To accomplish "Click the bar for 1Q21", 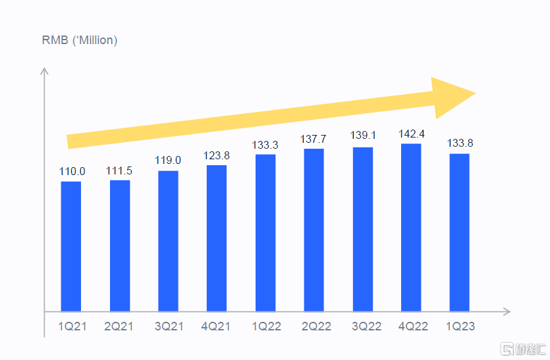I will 71,246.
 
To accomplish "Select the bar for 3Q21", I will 168,241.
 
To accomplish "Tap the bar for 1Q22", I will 265,232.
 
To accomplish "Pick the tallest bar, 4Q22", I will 411,227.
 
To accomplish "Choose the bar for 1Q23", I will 459,232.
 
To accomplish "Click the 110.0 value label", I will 72,172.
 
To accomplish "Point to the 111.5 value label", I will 119,170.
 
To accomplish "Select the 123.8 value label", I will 217,156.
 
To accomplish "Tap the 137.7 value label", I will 314,140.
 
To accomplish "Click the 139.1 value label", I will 362,138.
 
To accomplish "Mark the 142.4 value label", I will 411,134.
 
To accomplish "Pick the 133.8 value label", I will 460,144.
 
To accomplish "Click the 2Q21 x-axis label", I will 119,326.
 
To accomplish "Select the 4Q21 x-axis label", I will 216,326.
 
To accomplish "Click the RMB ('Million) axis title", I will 80,41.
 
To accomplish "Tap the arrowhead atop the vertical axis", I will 45,70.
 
